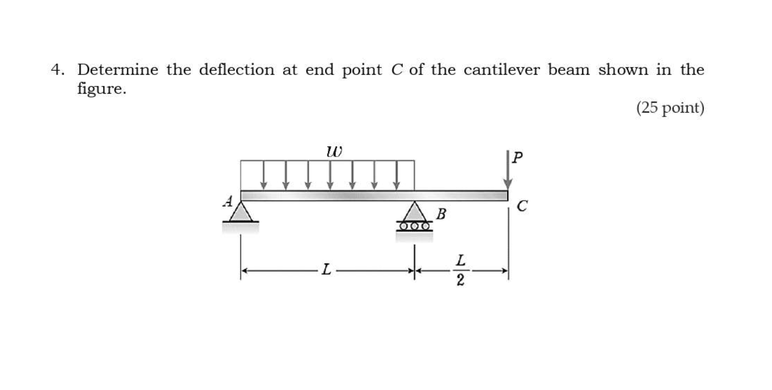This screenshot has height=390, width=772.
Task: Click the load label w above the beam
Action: [334, 151]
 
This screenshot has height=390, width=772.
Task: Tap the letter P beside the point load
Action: [517, 157]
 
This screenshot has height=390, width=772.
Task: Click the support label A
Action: [227, 201]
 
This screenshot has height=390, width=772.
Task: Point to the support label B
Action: [441, 214]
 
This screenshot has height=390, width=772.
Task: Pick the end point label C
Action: [522, 205]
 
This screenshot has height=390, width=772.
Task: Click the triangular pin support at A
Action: [241, 212]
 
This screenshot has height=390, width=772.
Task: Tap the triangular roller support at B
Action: [414, 212]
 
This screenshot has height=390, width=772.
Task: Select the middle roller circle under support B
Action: [414, 226]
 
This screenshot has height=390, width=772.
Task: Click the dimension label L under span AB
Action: [326, 270]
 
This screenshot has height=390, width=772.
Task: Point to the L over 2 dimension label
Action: [461, 270]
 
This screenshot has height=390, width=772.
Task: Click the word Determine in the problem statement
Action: [118, 70]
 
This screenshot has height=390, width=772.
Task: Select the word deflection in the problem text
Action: [236, 70]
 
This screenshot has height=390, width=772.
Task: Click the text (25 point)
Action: [670, 108]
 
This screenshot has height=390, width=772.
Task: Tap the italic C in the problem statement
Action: [396, 70]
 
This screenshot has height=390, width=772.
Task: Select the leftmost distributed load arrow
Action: [264, 175]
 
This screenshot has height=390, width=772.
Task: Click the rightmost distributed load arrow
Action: [396, 175]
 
